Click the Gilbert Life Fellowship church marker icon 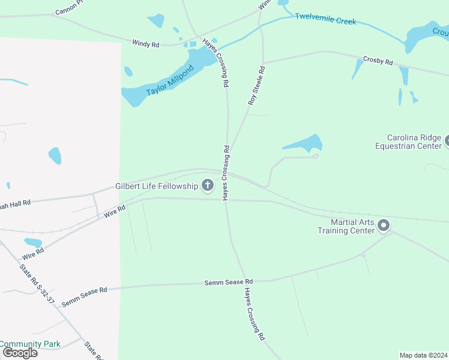click(208, 185)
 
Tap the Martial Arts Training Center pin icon click(384, 226)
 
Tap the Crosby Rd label click(378, 61)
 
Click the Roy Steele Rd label click(256, 86)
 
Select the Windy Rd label click(146, 43)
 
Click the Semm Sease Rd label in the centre click(229, 281)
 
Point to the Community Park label click(30, 344)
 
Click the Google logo click(19, 353)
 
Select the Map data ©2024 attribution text click(423, 355)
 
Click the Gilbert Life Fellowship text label click(157, 186)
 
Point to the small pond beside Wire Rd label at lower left click(32, 242)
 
